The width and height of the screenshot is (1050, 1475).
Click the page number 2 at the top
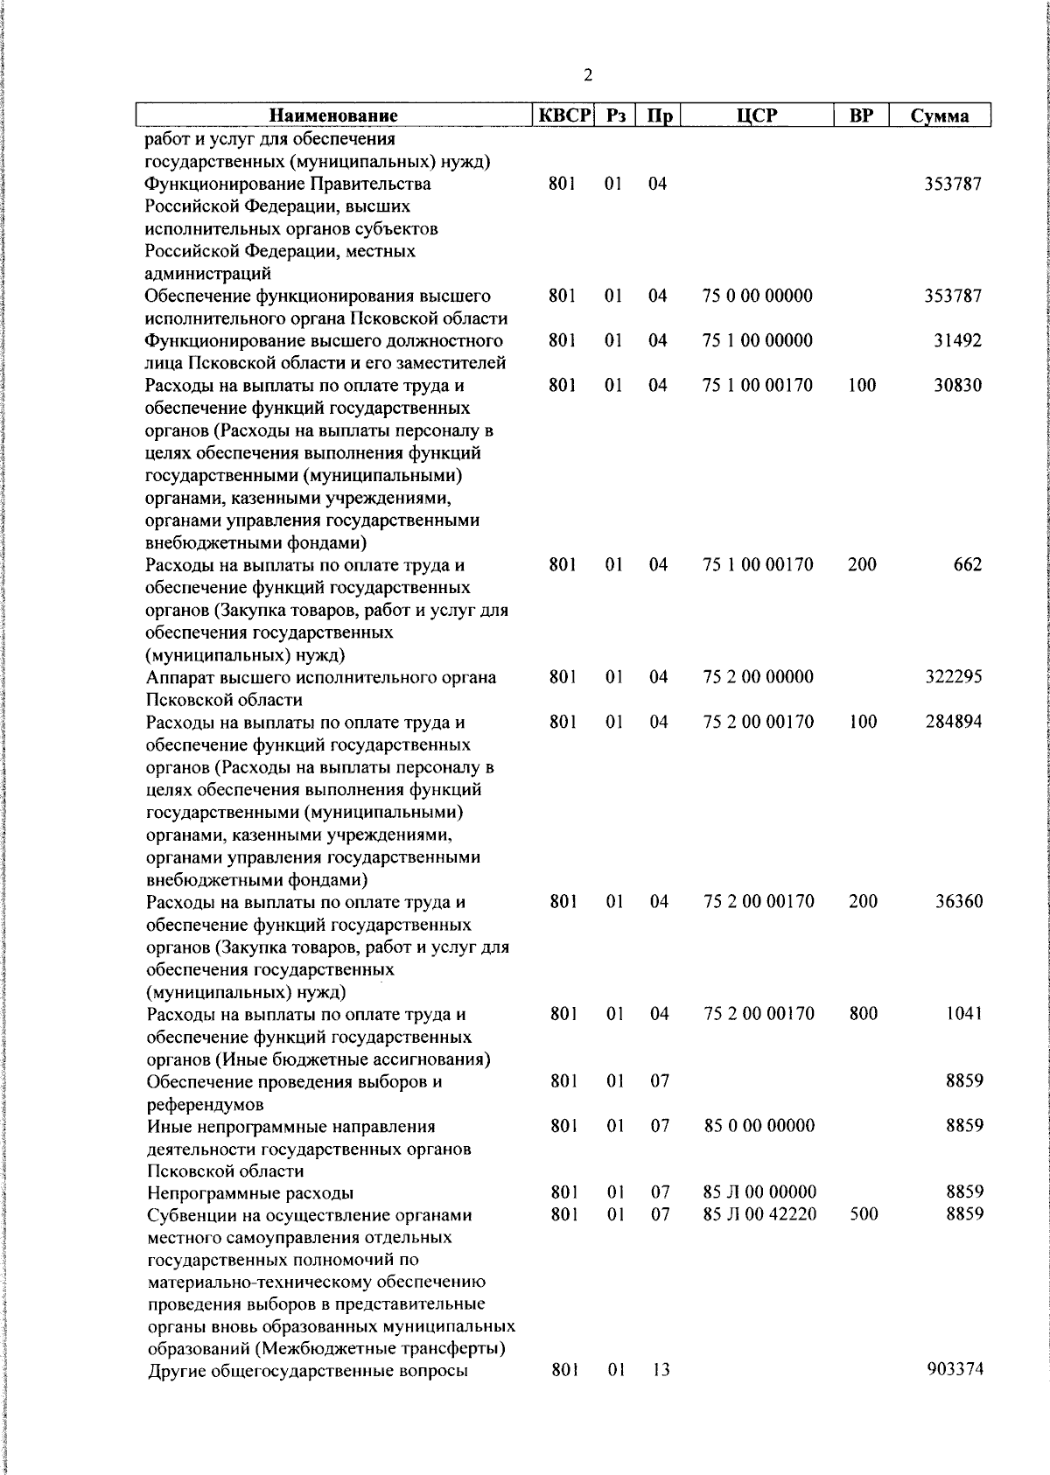pyautogui.click(x=587, y=75)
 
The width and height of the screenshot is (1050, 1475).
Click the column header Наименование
pyautogui.click(x=332, y=115)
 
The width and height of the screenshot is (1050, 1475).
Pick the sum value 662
pyautogui.click(x=968, y=564)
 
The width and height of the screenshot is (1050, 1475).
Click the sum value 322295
pyautogui.click(x=954, y=676)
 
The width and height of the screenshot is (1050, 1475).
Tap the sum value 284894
pyautogui.click(x=954, y=722)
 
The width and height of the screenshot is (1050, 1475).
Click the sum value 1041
pyautogui.click(x=963, y=1013)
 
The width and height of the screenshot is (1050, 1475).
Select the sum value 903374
pyautogui.click(x=955, y=1370)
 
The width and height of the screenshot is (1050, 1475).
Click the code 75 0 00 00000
pyautogui.click(x=757, y=296)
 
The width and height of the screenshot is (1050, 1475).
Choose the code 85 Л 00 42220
pyautogui.click(x=759, y=1214)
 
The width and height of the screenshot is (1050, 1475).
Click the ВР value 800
pyautogui.click(x=863, y=1013)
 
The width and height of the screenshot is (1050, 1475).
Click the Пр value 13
pyautogui.click(x=661, y=1370)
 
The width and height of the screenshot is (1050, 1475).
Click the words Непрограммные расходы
pyautogui.click(x=250, y=1192)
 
